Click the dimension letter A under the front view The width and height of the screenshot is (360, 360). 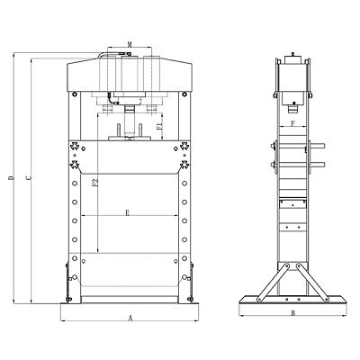(x=130, y=319)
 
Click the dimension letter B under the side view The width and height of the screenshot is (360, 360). (x=293, y=313)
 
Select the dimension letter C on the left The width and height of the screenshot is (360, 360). (x=29, y=178)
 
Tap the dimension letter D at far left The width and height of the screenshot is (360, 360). (x=12, y=178)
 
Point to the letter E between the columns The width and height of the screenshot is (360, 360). (x=127, y=213)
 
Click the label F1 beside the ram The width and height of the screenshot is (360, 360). (x=159, y=126)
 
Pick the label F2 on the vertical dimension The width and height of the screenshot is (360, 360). (x=94, y=184)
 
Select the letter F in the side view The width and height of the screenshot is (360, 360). (x=293, y=123)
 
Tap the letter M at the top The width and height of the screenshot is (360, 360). (x=130, y=45)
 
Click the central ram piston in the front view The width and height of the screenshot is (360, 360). (x=130, y=121)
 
